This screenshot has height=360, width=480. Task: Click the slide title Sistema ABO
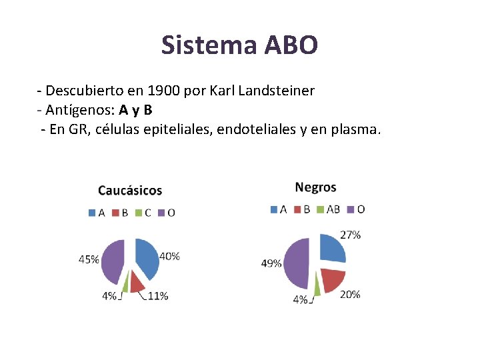[x=239, y=45]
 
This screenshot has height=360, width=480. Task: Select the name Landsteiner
[x=277, y=90]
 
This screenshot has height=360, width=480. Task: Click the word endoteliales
[x=253, y=129]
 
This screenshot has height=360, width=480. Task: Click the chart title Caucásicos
[x=130, y=191]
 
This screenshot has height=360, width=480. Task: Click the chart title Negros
[x=315, y=187]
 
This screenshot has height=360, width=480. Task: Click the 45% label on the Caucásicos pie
[x=89, y=259]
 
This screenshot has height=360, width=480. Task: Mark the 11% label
[x=157, y=296]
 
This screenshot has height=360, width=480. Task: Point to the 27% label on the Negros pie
[x=351, y=235]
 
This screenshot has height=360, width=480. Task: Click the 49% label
[x=271, y=263]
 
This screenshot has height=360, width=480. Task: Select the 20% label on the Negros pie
[x=350, y=294]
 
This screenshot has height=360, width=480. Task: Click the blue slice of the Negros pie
[x=331, y=249]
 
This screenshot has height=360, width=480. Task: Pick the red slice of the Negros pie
[x=331, y=279]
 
